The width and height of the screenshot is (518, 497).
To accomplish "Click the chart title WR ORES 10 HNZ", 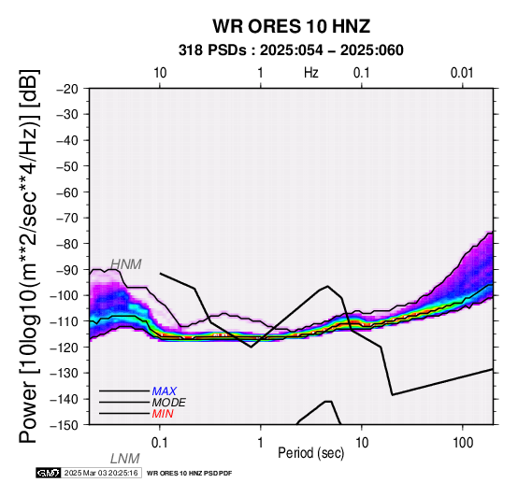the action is pos(292,26).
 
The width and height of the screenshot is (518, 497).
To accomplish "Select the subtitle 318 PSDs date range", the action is pos(291,50).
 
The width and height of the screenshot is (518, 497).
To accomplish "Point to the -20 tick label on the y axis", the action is pos(67,89).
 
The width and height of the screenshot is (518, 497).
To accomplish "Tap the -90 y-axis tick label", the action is pos(67,270).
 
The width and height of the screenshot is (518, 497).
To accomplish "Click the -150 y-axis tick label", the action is pos(65,425).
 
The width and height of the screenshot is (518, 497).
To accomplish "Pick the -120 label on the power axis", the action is pos(65,348).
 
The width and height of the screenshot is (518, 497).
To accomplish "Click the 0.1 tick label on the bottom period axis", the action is pos(159,443).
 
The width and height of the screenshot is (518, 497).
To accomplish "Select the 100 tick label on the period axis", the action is pos(463,443).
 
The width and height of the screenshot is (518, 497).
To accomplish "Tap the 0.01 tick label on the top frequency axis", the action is pos(462,73).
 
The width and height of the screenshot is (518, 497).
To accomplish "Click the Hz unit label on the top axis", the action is pos(311,73).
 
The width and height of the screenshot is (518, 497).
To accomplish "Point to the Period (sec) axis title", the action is pos(311,453).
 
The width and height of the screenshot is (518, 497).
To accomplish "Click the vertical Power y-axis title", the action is pos(29,256).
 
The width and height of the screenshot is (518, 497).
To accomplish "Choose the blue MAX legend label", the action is pos(165,391).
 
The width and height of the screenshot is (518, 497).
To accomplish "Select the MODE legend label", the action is pos(169,403).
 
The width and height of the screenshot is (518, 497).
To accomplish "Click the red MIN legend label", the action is pos(163,414).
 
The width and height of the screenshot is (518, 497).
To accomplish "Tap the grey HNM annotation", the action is pos(126,264).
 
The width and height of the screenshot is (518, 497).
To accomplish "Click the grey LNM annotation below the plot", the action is pos(125,459).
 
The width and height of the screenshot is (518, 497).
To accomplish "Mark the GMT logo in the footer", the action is pos(49,473).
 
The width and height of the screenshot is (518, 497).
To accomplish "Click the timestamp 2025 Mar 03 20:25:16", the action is pos(101,473).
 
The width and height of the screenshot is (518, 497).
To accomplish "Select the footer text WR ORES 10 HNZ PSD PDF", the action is pos(189,474).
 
